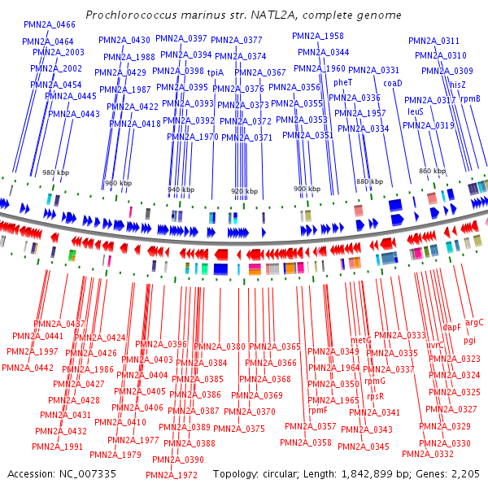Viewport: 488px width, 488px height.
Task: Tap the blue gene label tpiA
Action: [x=215, y=72]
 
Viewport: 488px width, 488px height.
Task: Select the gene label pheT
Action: [x=342, y=82]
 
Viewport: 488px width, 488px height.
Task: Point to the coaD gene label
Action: [x=392, y=82]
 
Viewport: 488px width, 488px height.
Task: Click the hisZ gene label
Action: [x=458, y=84]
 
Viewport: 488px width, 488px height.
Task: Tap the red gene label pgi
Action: [x=470, y=340]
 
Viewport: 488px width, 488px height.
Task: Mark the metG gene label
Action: [x=360, y=340]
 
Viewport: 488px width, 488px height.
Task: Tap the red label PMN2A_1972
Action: [x=171, y=475]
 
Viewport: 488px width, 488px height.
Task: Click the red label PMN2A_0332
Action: [x=428, y=454]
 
